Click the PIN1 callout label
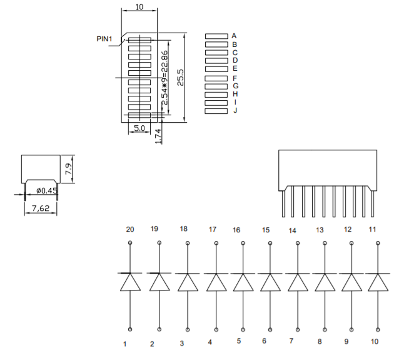click(x=104, y=39)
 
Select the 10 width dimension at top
click(x=139, y=6)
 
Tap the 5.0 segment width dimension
click(x=139, y=128)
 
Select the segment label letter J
click(x=235, y=110)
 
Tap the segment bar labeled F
click(x=216, y=78)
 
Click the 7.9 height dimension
click(x=69, y=168)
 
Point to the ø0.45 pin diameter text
click(x=46, y=190)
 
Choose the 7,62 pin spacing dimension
click(x=41, y=208)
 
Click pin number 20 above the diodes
click(x=130, y=229)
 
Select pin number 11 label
click(x=373, y=229)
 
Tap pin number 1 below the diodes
click(x=125, y=344)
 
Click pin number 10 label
click(x=374, y=342)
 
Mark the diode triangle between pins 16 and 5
click(x=243, y=283)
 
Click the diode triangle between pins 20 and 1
click(x=130, y=283)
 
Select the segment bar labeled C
click(x=216, y=53)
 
